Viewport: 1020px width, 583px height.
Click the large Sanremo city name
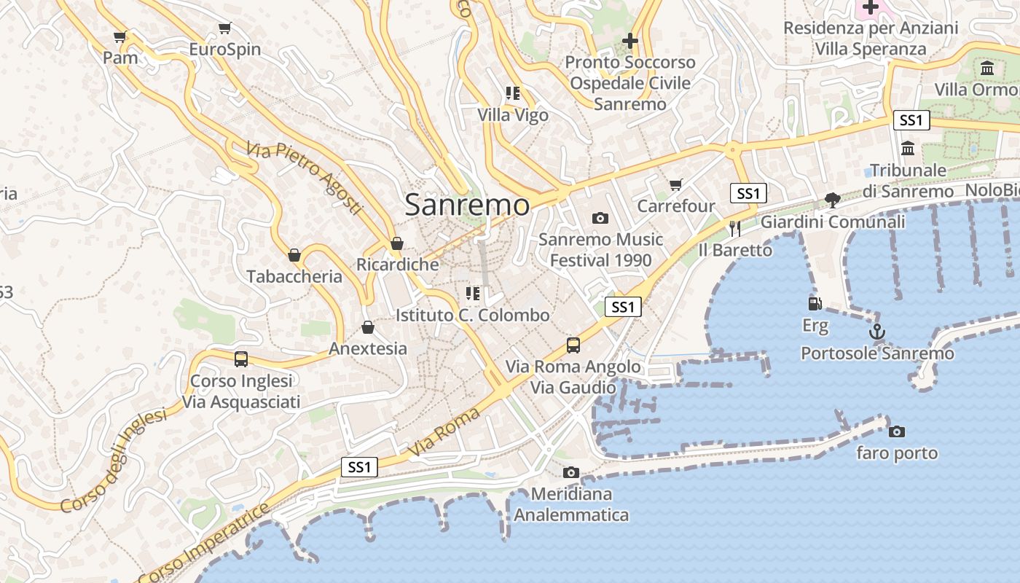(x=467, y=205)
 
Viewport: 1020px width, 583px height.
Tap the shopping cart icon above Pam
(x=120, y=36)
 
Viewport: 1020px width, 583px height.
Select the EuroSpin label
(x=224, y=50)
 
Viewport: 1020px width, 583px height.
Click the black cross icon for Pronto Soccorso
(x=630, y=41)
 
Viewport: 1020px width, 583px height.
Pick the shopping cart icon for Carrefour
(x=676, y=185)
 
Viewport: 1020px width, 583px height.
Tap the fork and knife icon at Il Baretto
(x=734, y=229)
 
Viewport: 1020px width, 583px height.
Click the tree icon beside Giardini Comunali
(x=832, y=200)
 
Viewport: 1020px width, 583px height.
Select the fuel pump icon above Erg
(x=815, y=303)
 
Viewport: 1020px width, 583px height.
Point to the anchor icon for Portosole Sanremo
(x=877, y=332)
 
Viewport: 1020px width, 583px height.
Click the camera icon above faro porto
(x=897, y=431)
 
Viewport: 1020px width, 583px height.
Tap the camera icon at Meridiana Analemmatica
(x=571, y=473)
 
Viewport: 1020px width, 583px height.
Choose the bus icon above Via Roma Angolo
(x=573, y=345)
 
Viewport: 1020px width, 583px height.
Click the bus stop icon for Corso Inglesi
(x=241, y=359)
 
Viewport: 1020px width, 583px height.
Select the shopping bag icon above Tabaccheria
(x=294, y=255)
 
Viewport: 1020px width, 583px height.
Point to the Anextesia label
(x=368, y=348)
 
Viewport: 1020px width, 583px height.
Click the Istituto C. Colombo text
(x=472, y=316)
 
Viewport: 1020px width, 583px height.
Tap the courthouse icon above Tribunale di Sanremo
(x=908, y=149)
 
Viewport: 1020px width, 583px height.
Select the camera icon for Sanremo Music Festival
(x=600, y=218)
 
